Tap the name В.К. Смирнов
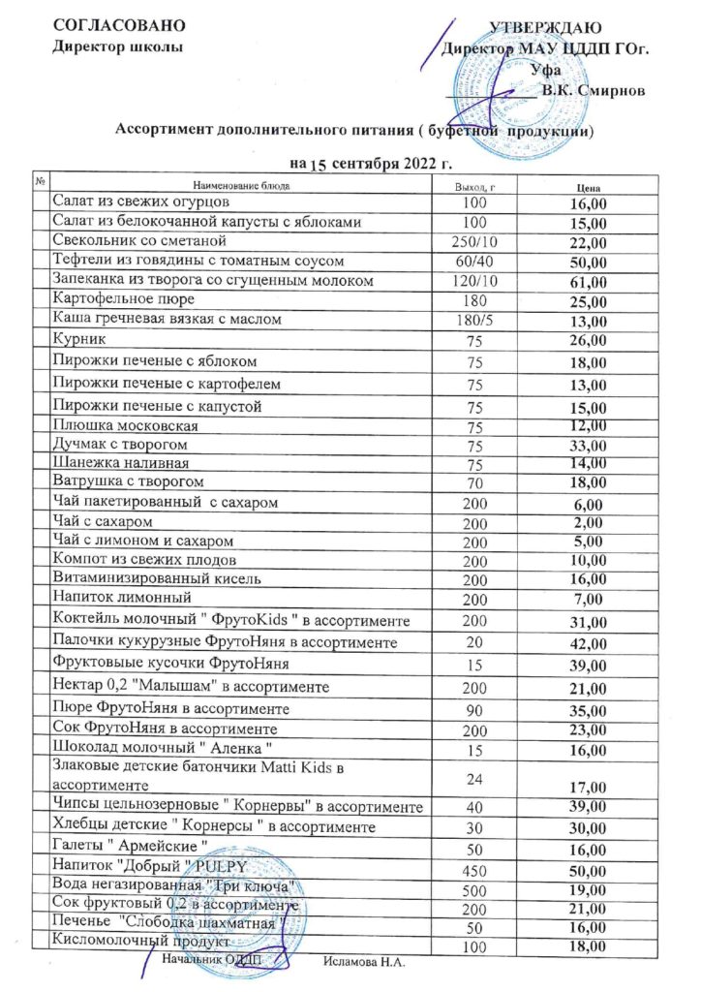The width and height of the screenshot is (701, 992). (590, 90)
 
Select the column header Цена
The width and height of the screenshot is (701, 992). (589, 185)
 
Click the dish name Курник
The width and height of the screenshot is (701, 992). (79, 339)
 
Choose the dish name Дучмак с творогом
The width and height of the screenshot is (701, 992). (120, 445)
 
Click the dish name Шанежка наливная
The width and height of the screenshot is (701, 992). (113, 463)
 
